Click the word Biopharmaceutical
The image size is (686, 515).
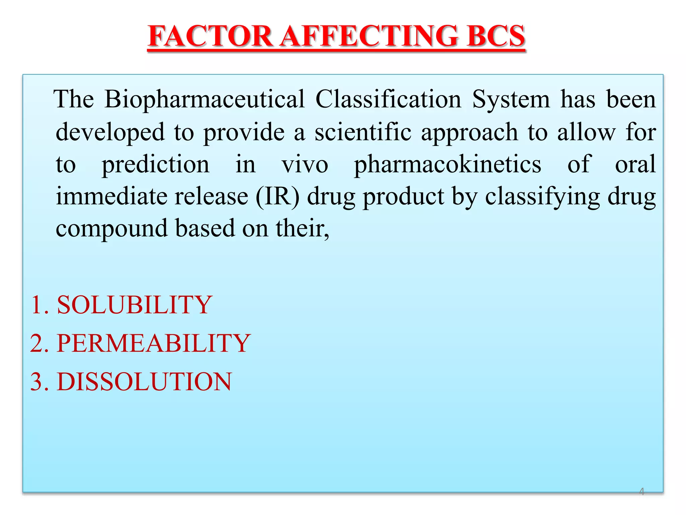(204, 100)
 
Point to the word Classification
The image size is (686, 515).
(388, 99)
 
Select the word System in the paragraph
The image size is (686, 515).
(511, 100)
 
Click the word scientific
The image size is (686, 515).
(363, 132)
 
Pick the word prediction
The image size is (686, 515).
(156, 165)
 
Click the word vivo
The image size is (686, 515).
(305, 164)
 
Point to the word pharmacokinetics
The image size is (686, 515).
(448, 164)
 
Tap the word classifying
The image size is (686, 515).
(542, 197)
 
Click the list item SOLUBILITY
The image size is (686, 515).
(134, 305)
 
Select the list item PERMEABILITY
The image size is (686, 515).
(153, 343)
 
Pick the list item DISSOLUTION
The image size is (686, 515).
(144, 382)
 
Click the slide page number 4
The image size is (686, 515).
(641, 492)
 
